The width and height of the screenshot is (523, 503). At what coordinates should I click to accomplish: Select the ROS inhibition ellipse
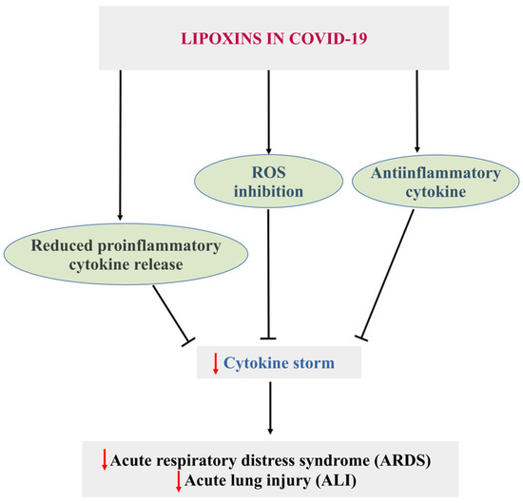pyautogui.click(x=270, y=177)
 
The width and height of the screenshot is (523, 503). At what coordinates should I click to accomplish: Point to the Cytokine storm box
pyautogui.click(x=269, y=361)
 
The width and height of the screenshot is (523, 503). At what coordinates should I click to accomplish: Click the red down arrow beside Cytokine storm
pyautogui.click(x=215, y=361)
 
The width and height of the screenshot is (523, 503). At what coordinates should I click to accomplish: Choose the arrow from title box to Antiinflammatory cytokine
pyautogui.click(x=416, y=109)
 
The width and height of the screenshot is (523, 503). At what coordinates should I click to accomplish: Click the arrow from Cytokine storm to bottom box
pyautogui.click(x=270, y=409)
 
